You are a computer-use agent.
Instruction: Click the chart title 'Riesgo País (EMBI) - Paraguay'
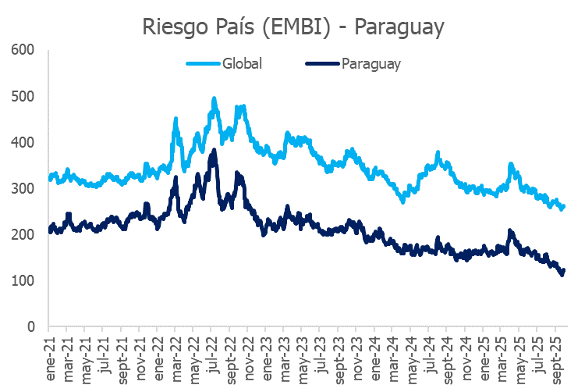[x=293, y=27]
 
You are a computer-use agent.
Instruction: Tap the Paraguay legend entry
[x=370, y=64]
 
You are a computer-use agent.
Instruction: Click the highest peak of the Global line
[x=214, y=99]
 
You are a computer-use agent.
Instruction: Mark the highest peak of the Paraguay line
[x=214, y=151]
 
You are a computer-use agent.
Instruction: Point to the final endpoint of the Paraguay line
[x=564, y=270]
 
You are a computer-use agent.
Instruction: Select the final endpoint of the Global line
[x=564, y=206]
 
